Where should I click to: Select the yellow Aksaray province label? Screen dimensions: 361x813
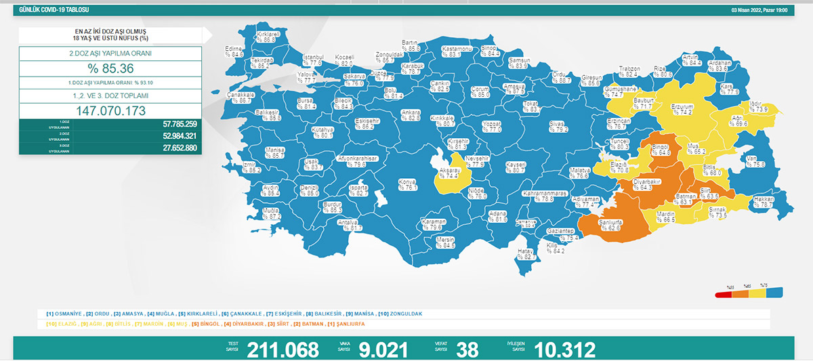pyautogui.click(x=450, y=173)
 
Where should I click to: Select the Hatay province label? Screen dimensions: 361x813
pyautogui.click(x=526, y=254)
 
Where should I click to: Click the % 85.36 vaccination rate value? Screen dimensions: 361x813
pyautogui.click(x=110, y=68)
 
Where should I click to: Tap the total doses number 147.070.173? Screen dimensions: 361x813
pyautogui.click(x=110, y=110)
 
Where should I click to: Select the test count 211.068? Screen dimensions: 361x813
pyautogui.click(x=283, y=349)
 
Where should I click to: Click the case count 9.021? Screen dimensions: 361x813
pyautogui.click(x=383, y=349)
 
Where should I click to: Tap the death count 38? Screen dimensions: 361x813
pyautogui.click(x=467, y=349)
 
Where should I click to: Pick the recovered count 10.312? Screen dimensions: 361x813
pyautogui.click(x=564, y=349)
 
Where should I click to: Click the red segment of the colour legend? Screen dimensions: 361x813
pyautogui.click(x=724, y=294)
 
